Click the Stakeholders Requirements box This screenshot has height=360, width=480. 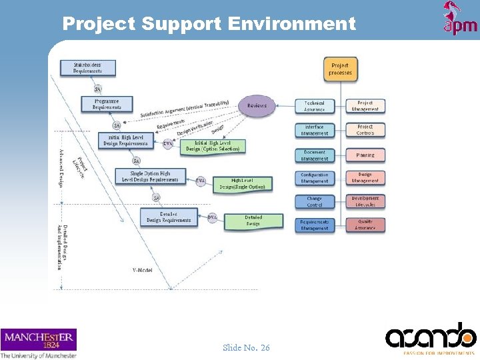click(87, 67)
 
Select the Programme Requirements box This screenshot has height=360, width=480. click(107, 104)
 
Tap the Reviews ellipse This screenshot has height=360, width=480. click(257, 106)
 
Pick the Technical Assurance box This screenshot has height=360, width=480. click(314, 106)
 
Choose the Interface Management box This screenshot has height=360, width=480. click(314, 129)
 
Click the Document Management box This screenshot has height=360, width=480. click(314, 155)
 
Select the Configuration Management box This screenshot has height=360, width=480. click(314, 178)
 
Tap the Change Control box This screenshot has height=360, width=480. click(314, 201)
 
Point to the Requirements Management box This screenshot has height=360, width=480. click(314, 225)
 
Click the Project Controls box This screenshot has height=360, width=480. click(365, 129)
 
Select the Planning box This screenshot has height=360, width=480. click(365, 155)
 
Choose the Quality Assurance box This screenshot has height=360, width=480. click(365, 225)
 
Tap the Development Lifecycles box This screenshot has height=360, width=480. click(365, 201)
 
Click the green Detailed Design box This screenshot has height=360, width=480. click(253, 221)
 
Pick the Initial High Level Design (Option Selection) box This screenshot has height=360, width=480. click(212, 146)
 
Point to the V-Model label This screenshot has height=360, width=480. click(143, 270)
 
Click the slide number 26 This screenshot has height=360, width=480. click(246, 347)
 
